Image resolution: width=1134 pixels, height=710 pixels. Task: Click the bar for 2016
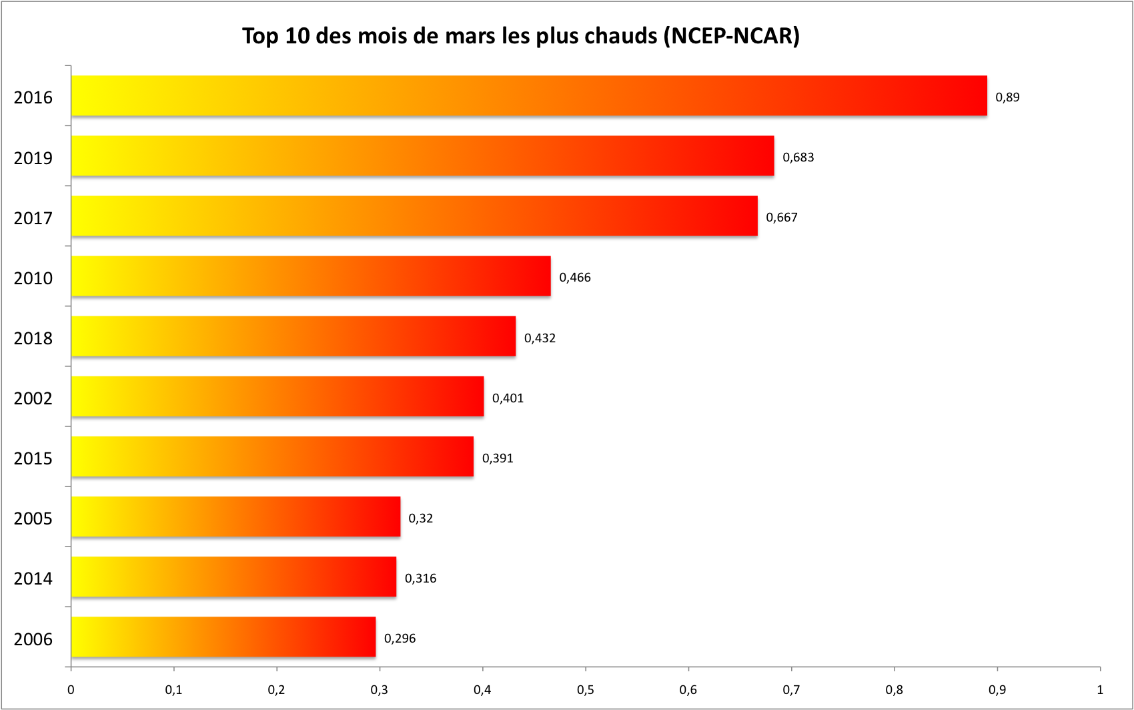529,96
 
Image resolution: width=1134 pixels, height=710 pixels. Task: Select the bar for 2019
422,156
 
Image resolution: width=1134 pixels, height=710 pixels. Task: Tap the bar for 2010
311,276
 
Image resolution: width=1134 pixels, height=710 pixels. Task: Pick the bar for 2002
277,396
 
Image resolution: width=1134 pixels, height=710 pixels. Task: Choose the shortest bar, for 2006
223,637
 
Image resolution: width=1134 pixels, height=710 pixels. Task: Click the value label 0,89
1007,97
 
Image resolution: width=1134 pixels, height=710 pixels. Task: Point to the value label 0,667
781,218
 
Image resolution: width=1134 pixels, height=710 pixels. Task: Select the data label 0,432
540,338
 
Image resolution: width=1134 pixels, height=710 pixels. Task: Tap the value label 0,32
420,518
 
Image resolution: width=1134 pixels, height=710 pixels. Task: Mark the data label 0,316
420,579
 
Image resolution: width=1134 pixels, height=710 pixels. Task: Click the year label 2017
33,218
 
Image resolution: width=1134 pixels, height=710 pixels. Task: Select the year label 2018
33,338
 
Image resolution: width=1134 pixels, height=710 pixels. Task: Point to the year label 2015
33,458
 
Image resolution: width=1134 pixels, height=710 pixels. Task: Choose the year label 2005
33,518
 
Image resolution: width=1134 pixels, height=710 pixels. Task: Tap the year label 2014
33,579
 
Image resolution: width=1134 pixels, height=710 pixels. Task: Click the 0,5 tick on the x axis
585,690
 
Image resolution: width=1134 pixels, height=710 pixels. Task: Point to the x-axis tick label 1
1100,690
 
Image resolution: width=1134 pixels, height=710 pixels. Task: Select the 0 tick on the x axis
71,690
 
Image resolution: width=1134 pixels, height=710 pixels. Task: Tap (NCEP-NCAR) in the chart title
732,35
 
